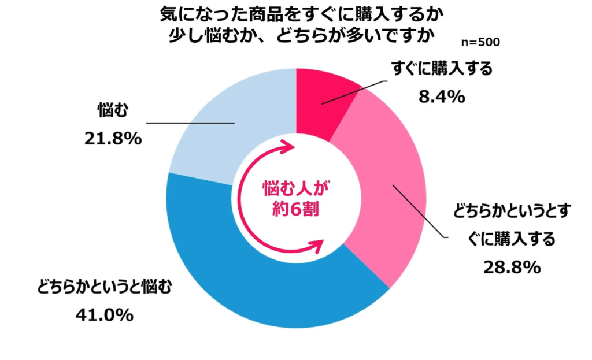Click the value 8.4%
point(442,98)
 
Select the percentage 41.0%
point(105,315)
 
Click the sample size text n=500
point(481,42)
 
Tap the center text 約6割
point(295,210)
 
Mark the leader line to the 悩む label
point(191,123)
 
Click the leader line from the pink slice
point(419,211)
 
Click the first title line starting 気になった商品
point(295,13)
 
